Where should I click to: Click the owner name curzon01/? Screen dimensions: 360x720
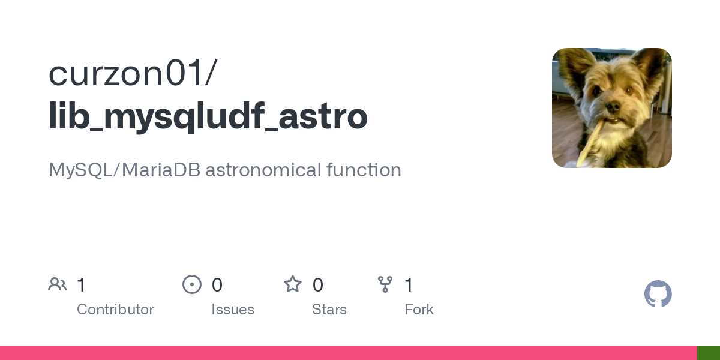133,73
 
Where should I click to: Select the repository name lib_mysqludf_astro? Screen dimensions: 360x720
208,116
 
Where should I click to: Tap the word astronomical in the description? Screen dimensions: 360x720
263,170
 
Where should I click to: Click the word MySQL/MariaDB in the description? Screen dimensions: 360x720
124,170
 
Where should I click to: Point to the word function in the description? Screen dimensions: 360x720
364,170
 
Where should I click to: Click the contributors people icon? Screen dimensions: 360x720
58,284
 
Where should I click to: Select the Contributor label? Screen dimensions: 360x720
115,310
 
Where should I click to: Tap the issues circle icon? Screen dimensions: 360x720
192,284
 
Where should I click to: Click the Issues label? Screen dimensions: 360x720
233,310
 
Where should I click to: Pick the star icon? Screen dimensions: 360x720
293,284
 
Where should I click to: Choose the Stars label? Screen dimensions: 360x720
329,310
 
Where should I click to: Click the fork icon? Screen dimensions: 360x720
385,284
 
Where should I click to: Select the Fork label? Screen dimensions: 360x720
419,310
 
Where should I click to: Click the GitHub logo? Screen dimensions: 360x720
658,294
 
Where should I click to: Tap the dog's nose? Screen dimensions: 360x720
612,107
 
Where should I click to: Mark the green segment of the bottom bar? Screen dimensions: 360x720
709,353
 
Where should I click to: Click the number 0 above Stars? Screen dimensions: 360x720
318,284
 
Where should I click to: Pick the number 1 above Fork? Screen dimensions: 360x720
409,284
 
